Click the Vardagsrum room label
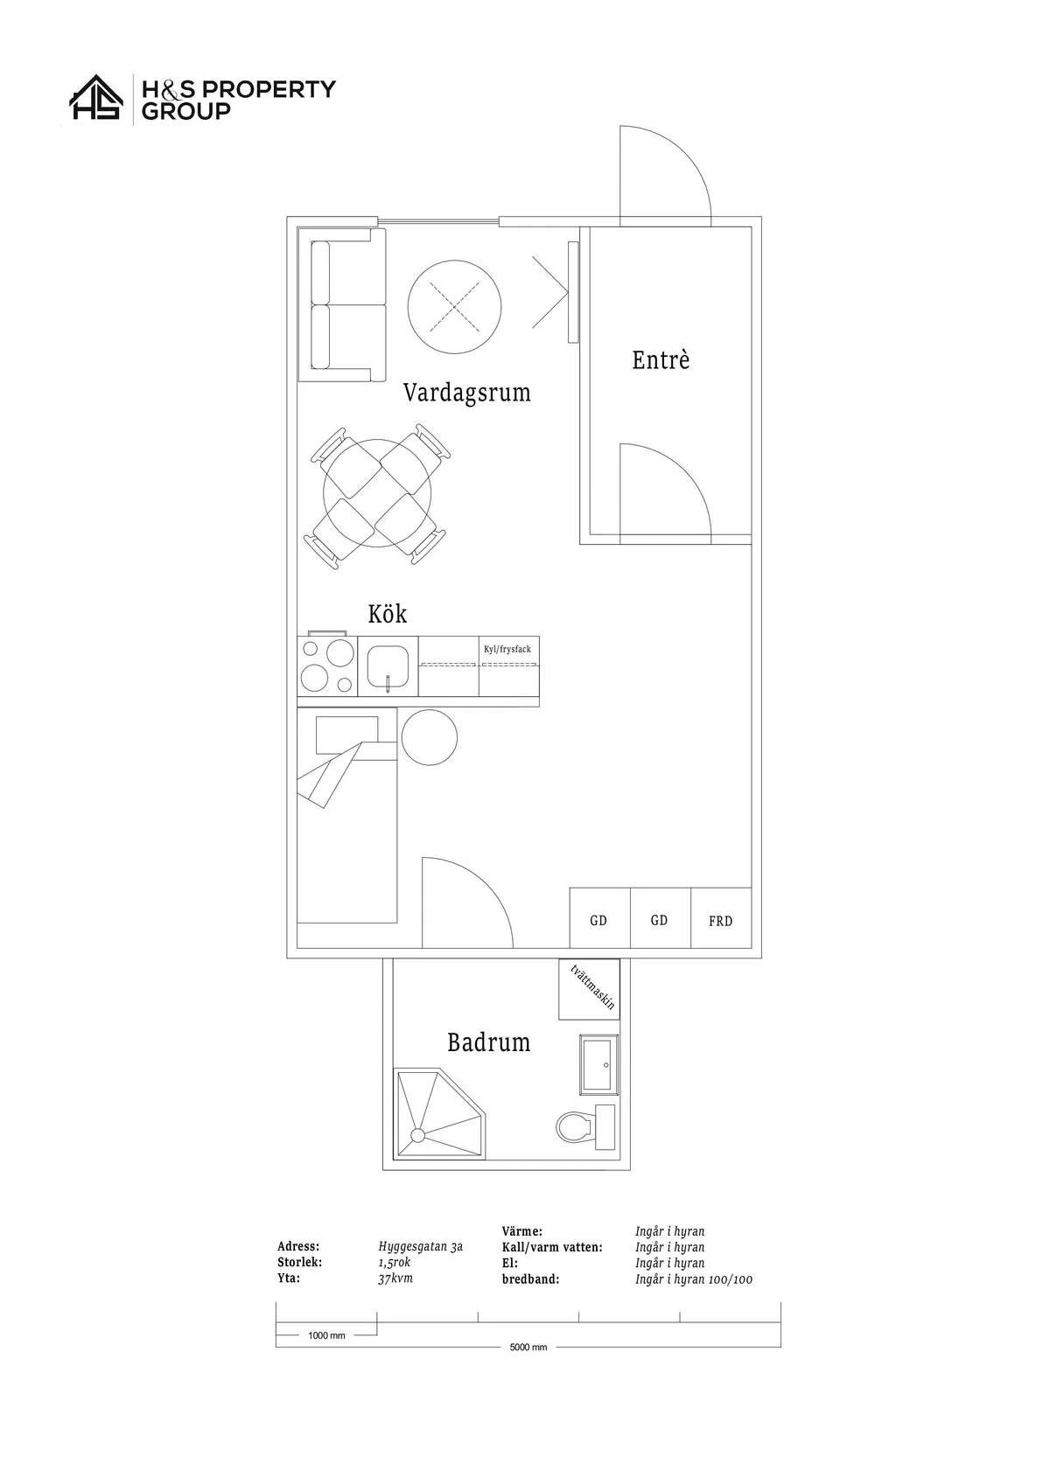466,392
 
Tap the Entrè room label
661,359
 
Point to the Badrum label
488,1042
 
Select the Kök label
387,614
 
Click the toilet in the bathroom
585,1126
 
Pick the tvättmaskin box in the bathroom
589,989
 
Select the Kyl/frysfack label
507,649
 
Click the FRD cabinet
720,917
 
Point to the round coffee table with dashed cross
454,307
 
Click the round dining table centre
377,493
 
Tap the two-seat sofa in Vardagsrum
342,304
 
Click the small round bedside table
430,737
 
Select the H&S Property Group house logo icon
96,97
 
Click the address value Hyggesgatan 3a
420,1247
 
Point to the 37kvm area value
395,1278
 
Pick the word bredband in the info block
530,1279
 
